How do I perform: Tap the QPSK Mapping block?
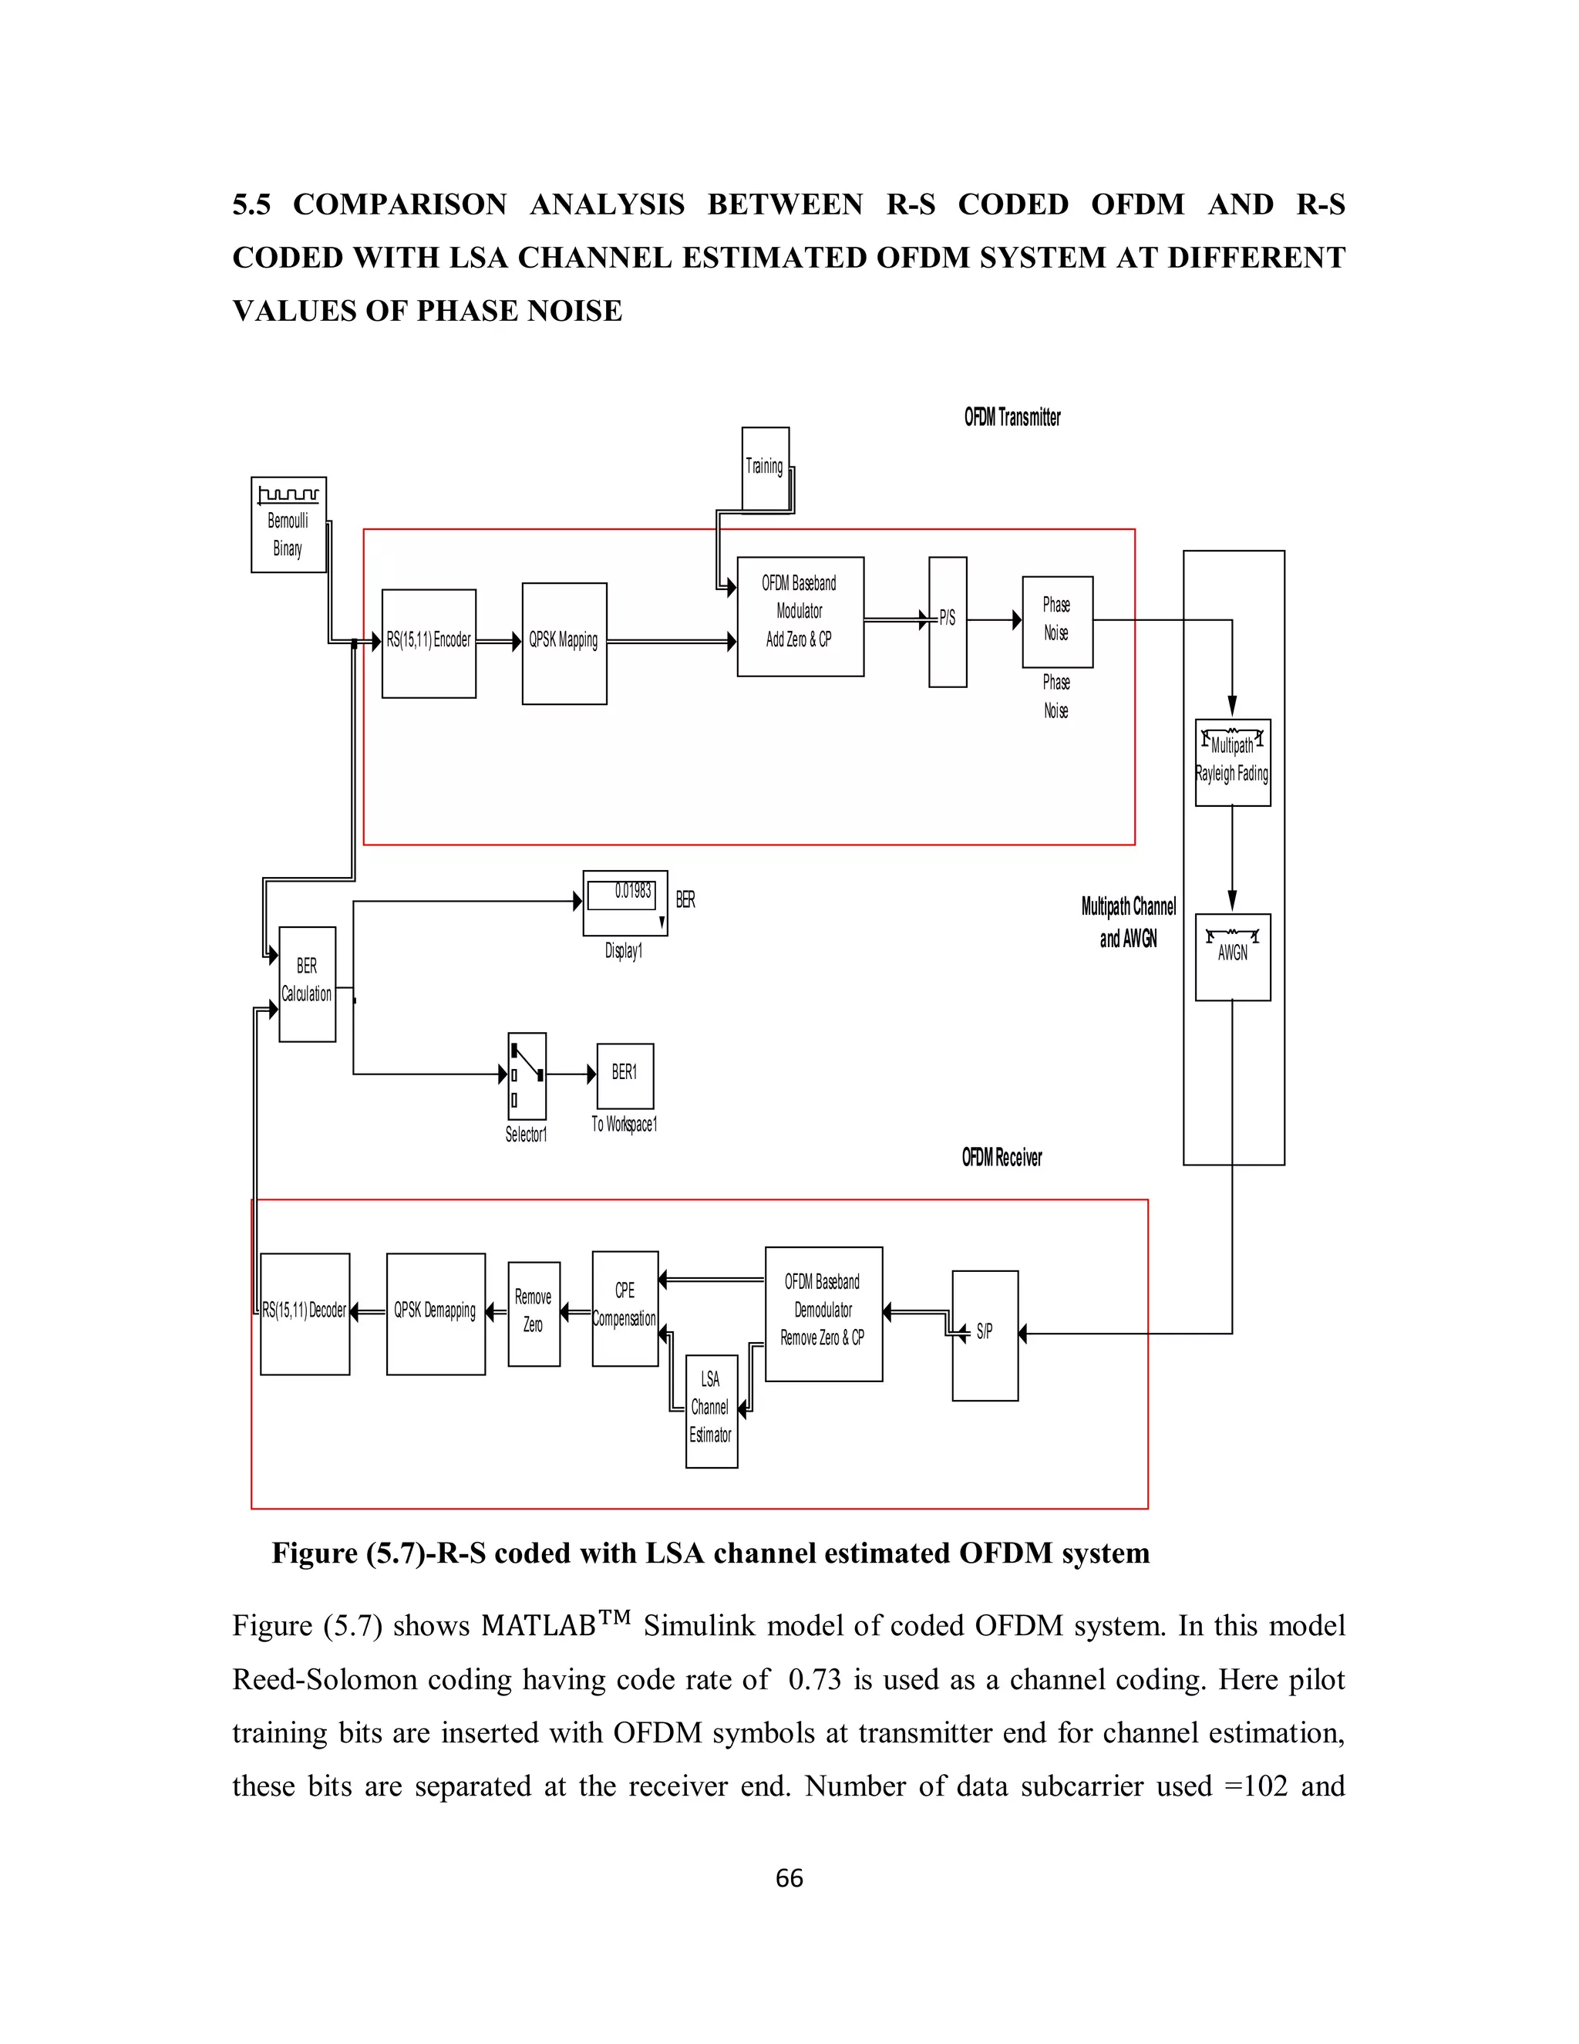point(564,643)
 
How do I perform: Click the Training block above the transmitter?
point(765,468)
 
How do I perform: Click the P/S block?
point(947,622)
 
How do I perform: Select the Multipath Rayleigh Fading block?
point(1232,762)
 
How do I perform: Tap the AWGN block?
point(1232,956)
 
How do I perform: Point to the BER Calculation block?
point(307,983)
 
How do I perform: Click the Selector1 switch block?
point(527,1075)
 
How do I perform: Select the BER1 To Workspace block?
point(625,1075)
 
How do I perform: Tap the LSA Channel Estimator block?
point(711,1411)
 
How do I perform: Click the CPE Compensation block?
point(625,1308)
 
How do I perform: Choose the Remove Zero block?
point(534,1313)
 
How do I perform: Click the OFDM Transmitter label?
point(1012,417)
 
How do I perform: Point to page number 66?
point(789,1878)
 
